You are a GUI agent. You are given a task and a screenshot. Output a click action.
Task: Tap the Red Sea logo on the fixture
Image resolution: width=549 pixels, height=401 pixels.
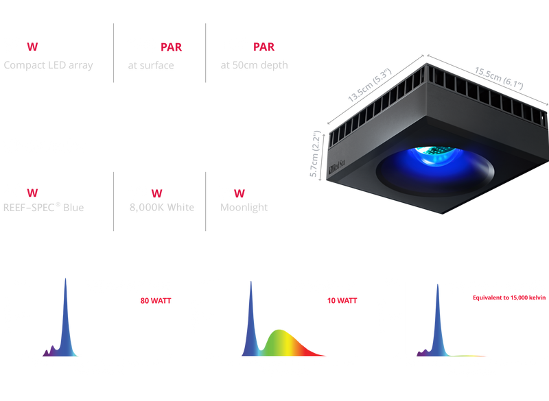(337, 163)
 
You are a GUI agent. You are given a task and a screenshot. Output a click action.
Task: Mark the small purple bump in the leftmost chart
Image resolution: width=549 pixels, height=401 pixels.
(51, 348)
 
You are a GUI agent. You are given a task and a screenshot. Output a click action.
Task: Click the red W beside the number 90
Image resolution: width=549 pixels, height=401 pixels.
(32, 47)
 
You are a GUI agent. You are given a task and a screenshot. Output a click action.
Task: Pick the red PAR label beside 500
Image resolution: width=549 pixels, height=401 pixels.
(172, 47)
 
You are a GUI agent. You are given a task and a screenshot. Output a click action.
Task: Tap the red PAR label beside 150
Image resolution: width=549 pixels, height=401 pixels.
(264, 47)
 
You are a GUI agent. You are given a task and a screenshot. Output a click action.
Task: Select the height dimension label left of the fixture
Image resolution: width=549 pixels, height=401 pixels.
(316, 154)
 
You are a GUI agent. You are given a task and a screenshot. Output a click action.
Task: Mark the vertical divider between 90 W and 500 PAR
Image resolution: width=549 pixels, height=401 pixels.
(113, 53)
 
